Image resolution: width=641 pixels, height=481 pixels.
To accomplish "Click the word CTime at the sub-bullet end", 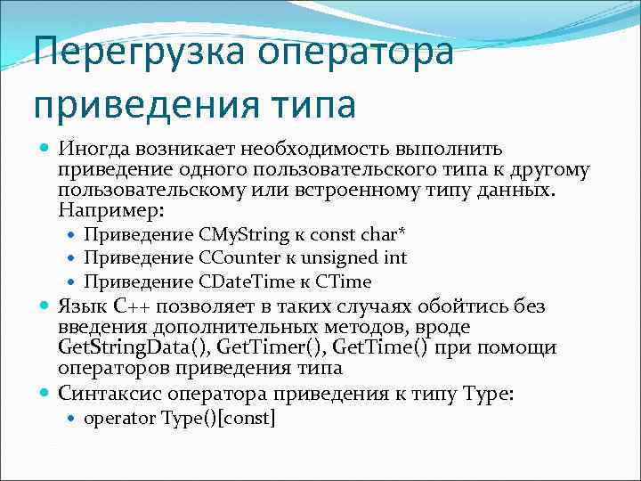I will pyautogui.click(x=343, y=281).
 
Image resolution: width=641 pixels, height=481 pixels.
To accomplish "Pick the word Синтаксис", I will pyautogui.click(x=107, y=391).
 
